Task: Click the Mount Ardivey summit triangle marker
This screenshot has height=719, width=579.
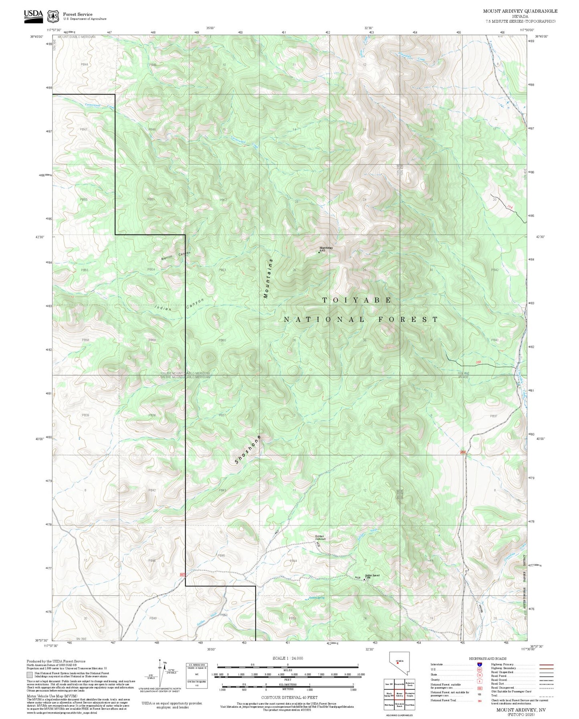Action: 319,252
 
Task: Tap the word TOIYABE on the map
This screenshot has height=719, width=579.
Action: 357,300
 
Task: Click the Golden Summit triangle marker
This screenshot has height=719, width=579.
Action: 364,579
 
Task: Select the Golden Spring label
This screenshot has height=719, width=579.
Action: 317,598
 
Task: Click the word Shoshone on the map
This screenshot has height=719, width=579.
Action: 248,450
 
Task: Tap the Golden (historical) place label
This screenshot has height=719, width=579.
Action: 319,537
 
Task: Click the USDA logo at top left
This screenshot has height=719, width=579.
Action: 33,14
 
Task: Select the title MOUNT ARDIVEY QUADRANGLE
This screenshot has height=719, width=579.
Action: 520,11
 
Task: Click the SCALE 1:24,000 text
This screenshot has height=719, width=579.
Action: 287,658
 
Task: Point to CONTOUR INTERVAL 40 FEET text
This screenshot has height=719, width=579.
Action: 289,697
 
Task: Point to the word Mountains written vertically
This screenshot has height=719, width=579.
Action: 268,278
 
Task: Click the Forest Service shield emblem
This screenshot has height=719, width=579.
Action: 53,16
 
